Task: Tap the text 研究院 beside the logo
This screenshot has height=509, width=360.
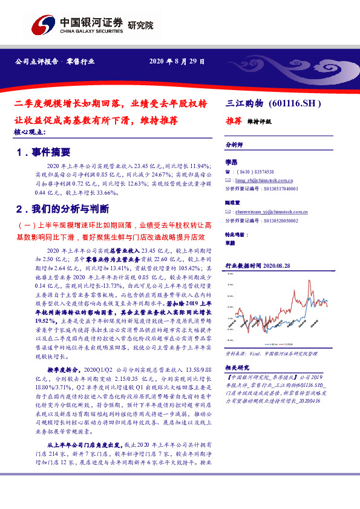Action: point(140,25)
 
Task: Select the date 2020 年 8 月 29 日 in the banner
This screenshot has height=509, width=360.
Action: point(176,62)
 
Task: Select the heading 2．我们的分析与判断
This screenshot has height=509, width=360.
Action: point(63,209)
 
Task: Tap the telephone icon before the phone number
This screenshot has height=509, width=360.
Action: point(227,172)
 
